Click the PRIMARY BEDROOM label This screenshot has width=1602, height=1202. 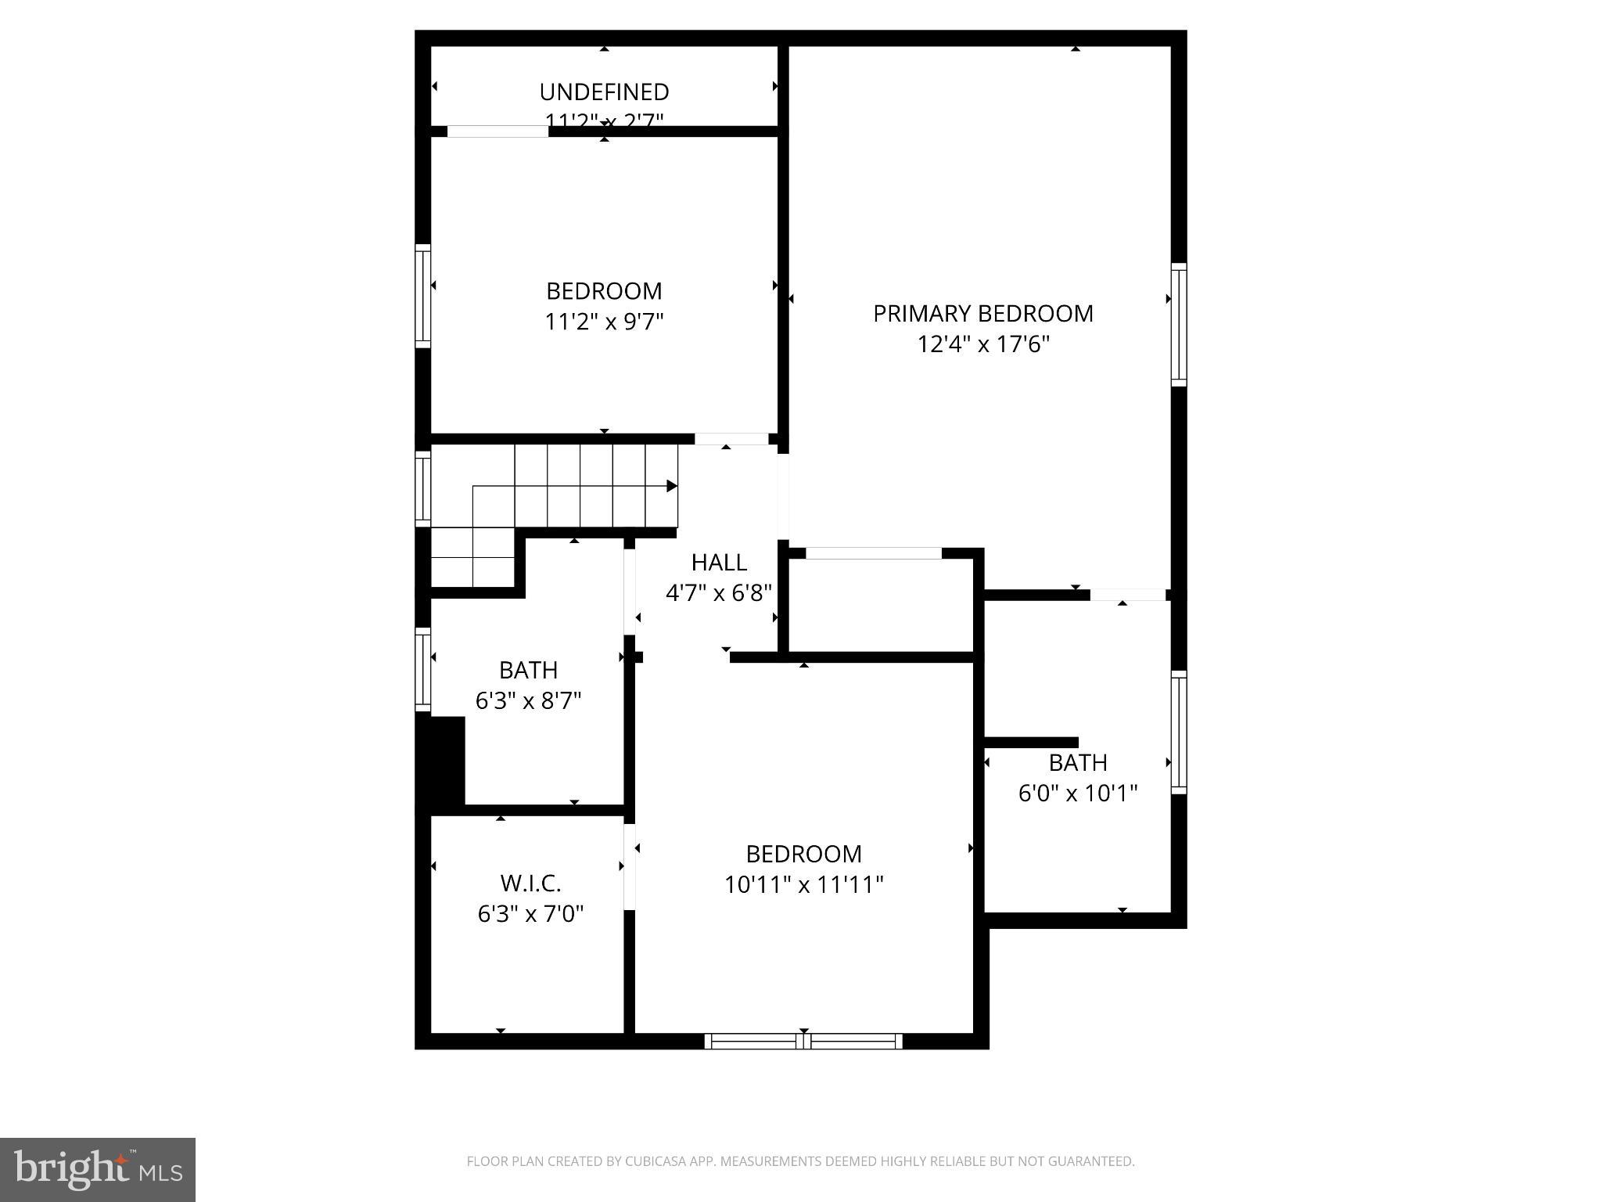983,314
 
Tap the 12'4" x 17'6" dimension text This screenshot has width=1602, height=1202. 983,344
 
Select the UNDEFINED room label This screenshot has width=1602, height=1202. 604,92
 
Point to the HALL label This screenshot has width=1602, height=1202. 719,562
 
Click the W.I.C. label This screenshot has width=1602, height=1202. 530,884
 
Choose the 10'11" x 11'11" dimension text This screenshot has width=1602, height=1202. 803,884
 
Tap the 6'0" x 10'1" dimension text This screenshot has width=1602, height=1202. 1077,794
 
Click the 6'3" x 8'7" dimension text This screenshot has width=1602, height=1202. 529,700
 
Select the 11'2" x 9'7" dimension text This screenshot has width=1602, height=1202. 604,322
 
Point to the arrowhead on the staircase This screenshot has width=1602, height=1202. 671,487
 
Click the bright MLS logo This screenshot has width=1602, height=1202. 98,1169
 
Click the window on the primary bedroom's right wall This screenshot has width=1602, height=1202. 1178,325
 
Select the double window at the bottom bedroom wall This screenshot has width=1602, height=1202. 803,1041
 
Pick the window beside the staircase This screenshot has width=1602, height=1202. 422,488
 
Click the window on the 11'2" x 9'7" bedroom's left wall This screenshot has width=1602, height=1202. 422,296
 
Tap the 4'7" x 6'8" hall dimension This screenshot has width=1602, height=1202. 719,593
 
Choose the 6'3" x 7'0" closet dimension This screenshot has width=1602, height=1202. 530,914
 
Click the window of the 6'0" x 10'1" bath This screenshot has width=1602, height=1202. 1178,732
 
